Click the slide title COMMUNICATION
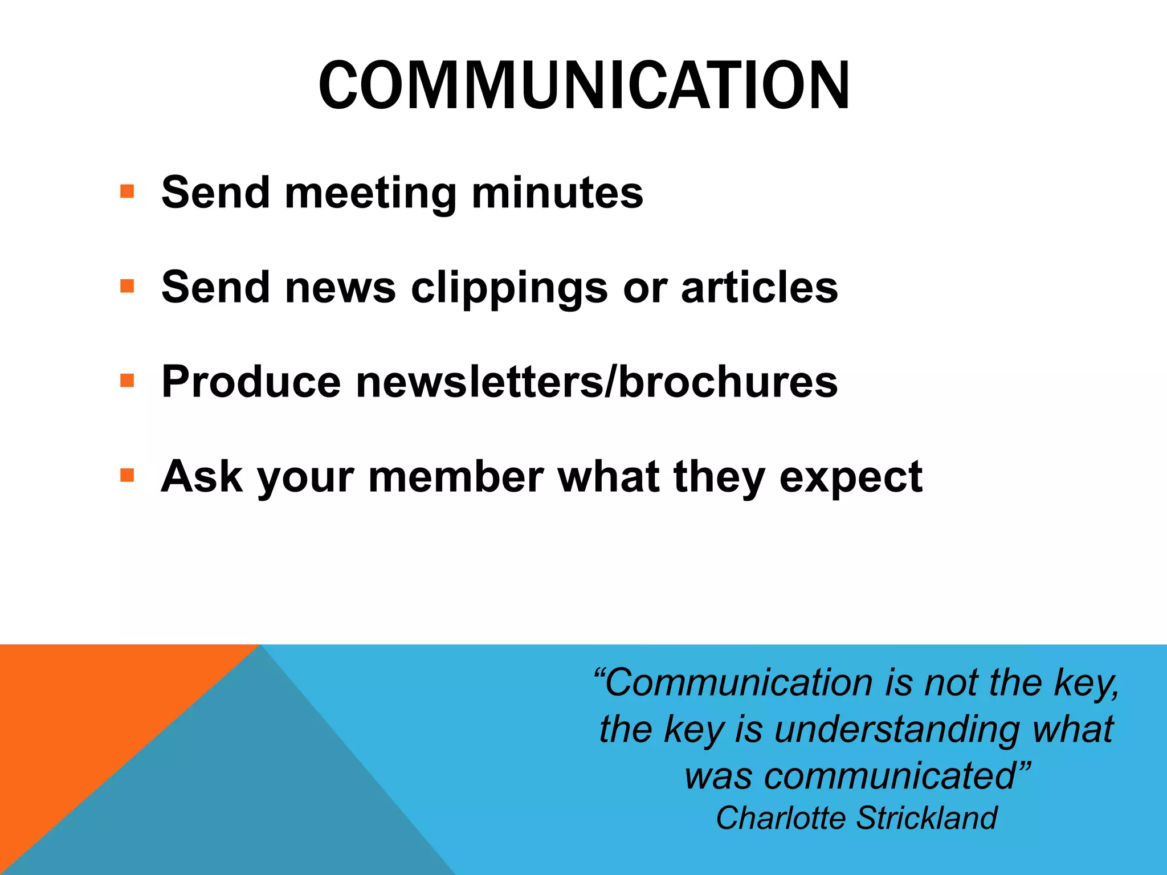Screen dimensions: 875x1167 click(x=584, y=85)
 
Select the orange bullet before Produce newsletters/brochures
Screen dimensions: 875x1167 click(x=127, y=380)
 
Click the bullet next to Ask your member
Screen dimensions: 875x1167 click(x=127, y=475)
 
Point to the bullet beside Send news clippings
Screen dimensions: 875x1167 click(x=127, y=285)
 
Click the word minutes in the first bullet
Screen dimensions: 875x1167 click(x=557, y=193)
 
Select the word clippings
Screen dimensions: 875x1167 click(x=509, y=288)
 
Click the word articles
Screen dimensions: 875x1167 click(x=760, y=287)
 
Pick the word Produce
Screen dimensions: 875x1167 click(x=251, y=382)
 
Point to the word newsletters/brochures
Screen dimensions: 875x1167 click(x=597, y=382)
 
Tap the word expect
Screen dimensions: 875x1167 click(x=851, y=477)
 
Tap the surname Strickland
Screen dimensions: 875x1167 click(x=927, y=818)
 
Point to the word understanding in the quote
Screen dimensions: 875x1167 click(x=896, y=729)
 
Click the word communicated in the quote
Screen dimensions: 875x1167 click(x=889, y=776)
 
